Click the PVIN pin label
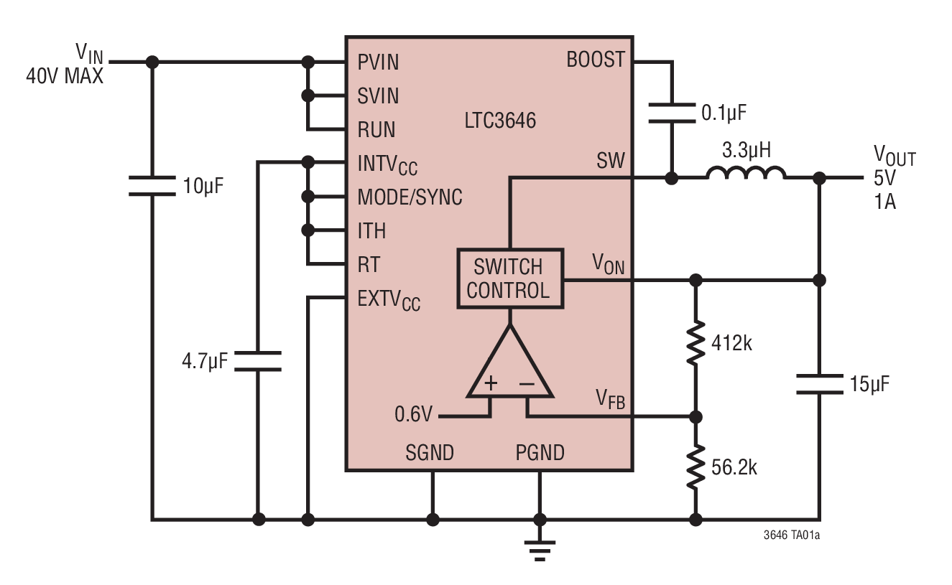point(378,62)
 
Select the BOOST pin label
point(596,60)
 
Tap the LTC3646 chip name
point(499,121)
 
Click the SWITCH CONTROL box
point(509,279)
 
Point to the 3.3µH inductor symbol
point(745,174)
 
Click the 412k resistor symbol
point(695,344)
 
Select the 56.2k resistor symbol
point(695,467)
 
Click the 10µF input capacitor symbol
point(152,186)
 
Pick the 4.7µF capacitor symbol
point(258,361)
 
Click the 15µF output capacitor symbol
point(819,384)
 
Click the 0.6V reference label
point(415,414)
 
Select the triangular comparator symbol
point(510,366)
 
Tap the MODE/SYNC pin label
point(410,197)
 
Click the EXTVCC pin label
point(388,300)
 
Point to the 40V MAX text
point(65,76)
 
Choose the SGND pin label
point(430,453)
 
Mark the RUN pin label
point(376,130)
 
